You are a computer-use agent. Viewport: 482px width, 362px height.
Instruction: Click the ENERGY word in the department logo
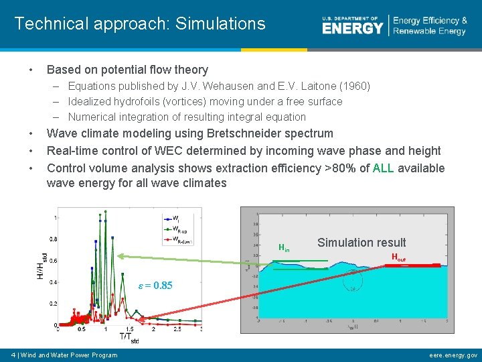pos(352,27)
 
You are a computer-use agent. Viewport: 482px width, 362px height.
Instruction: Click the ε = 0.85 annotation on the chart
pos(155,286)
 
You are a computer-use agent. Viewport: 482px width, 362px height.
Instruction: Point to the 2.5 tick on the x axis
pos(177,330)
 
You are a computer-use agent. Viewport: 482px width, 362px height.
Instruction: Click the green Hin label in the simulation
pos(284,248)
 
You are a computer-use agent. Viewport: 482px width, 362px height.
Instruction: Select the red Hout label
pos(398,257)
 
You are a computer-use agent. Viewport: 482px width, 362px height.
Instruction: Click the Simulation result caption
pos(361,243)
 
